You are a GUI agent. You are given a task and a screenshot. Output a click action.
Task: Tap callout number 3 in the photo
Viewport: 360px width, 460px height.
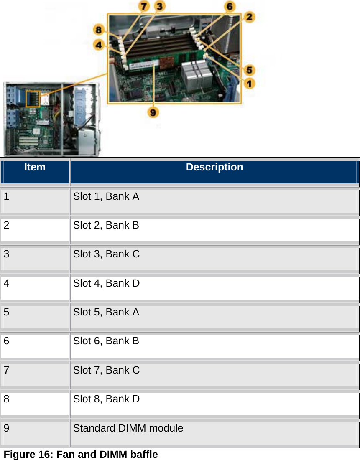[160, 6]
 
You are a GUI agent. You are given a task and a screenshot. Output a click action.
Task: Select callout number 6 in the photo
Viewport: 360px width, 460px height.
[230, 6]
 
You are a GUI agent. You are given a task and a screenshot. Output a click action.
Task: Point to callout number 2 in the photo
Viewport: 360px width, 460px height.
[249, 17]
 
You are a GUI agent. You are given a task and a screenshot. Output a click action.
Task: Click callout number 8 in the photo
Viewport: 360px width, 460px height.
[99, 30]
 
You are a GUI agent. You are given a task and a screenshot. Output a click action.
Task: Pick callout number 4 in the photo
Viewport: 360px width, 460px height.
[99, 45]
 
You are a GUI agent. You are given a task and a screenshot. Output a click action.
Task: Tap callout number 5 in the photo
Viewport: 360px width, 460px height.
[250, 69]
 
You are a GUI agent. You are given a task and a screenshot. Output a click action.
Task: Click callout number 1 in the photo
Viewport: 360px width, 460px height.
[250, 83]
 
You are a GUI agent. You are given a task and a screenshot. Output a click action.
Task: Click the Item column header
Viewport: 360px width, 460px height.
[35, 168]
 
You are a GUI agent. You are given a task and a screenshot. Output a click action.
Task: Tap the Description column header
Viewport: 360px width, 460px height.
[214, 168]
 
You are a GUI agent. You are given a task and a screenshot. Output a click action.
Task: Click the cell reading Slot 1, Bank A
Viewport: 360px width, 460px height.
[106, 196]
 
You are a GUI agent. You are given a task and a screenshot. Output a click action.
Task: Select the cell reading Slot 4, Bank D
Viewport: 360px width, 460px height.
[106, 283]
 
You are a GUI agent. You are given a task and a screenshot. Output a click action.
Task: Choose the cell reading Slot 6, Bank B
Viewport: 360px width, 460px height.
[106, 341]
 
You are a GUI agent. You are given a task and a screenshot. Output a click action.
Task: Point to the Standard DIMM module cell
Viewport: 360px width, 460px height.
[128, 428]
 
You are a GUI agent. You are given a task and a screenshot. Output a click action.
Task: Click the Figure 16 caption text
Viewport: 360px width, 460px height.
[81, 455]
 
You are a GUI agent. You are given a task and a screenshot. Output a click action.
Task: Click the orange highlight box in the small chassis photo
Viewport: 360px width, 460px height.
[33, 98]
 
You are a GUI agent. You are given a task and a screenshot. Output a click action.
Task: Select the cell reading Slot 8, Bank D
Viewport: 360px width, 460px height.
[106, 399]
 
